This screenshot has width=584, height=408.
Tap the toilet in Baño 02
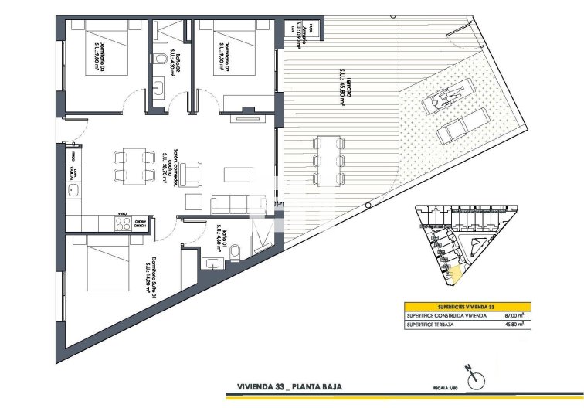pos(158,59)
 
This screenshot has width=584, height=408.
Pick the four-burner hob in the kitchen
pos(121,223)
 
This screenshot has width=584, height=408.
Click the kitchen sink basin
pos(75,189)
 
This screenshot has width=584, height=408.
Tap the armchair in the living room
pos(193,170)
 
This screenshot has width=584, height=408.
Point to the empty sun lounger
pos(463,125)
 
